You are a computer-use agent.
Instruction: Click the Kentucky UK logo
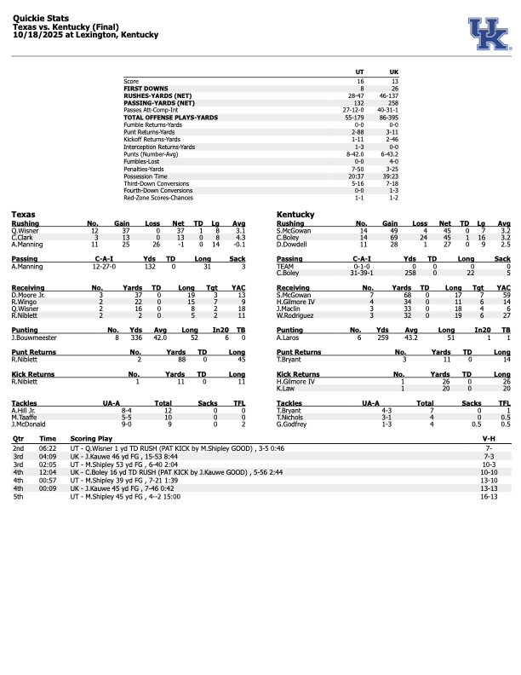[x=488, y=32]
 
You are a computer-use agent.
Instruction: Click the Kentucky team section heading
[x=295, y=214]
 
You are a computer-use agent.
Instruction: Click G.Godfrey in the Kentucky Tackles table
[x=291, y=424]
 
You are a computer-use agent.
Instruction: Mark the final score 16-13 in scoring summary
[x=488, y=494]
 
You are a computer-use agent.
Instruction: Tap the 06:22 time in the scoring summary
[x=48, y=447]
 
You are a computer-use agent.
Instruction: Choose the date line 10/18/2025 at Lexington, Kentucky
[x=85, y=35]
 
